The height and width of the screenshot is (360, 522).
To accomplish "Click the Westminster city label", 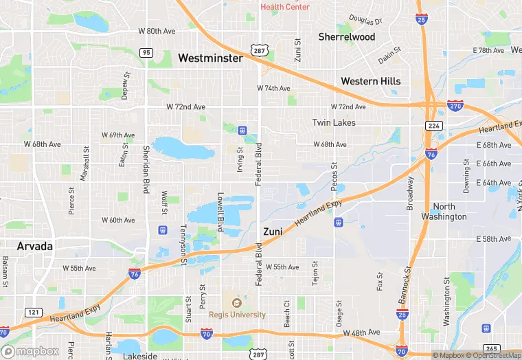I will pyautogui.click(x=210, y=58).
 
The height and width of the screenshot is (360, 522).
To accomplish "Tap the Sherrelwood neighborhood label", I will pyautogui.click(x=347, y=36).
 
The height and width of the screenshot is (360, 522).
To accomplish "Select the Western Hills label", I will pyautogui.click(x=371, y=81).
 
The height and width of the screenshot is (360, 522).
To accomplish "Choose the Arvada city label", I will pyautogui.click(x=36, y=245).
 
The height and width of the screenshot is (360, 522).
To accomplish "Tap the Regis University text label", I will pyautogui.click(x=237, y=315).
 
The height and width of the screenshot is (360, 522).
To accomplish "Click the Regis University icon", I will pyautogui.click(x=237, y=302).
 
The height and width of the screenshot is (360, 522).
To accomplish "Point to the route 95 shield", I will pyautogui.click(x=146, y=52).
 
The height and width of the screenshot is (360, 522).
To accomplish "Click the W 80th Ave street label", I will pyautogui.click(x=157, y=31).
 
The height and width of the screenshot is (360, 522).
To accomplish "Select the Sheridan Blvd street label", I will pyautogui.click(x=146, y=169).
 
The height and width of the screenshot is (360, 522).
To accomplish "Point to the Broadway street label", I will pyautogui.click(x=411, y=188).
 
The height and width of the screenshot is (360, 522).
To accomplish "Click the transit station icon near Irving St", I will pyautogui.click(x=242, y=130).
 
